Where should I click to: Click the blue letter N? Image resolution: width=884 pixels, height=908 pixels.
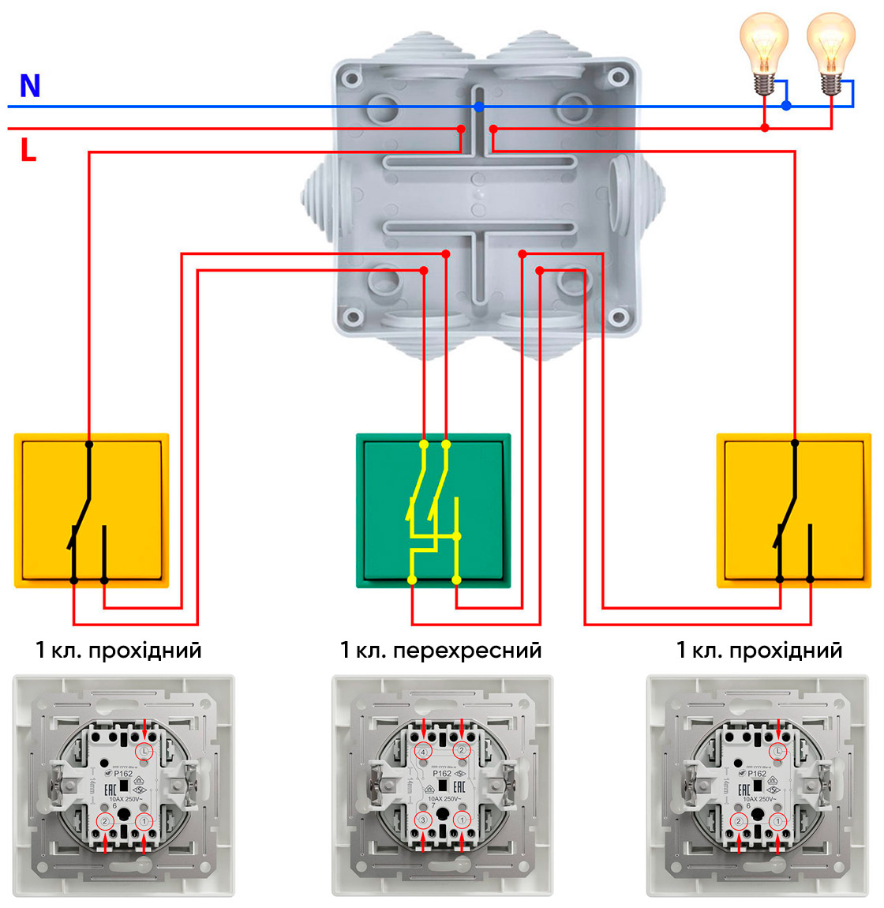coord(30,86)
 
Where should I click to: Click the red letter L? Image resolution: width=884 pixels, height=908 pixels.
coord(28,150)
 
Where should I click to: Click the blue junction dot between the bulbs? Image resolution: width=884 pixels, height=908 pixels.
coord(786,105)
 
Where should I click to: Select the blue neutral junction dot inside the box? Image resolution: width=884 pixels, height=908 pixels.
coord(478,107)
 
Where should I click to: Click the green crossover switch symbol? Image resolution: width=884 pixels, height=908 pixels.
coord(433,510)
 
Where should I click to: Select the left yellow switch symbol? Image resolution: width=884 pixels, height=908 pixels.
coord(92,510)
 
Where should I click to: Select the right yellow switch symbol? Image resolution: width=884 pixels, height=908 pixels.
coord(794,510)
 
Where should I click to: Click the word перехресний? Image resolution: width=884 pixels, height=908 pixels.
coord(466,651)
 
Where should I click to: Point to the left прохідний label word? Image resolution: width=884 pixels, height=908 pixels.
coord(145,651)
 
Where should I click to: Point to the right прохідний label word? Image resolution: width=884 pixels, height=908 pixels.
coord(785,651)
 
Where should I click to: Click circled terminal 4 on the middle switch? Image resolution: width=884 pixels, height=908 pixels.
coord(423,752)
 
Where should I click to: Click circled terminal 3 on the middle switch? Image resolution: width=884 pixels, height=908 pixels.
coord(423,821)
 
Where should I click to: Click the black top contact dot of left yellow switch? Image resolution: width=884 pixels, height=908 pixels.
coord(89,445)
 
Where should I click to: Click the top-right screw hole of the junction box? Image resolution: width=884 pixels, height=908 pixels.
coord(619,77)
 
